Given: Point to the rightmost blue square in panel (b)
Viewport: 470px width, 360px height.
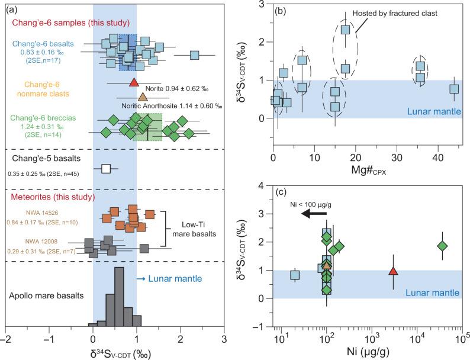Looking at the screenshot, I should [x=454, y=89].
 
